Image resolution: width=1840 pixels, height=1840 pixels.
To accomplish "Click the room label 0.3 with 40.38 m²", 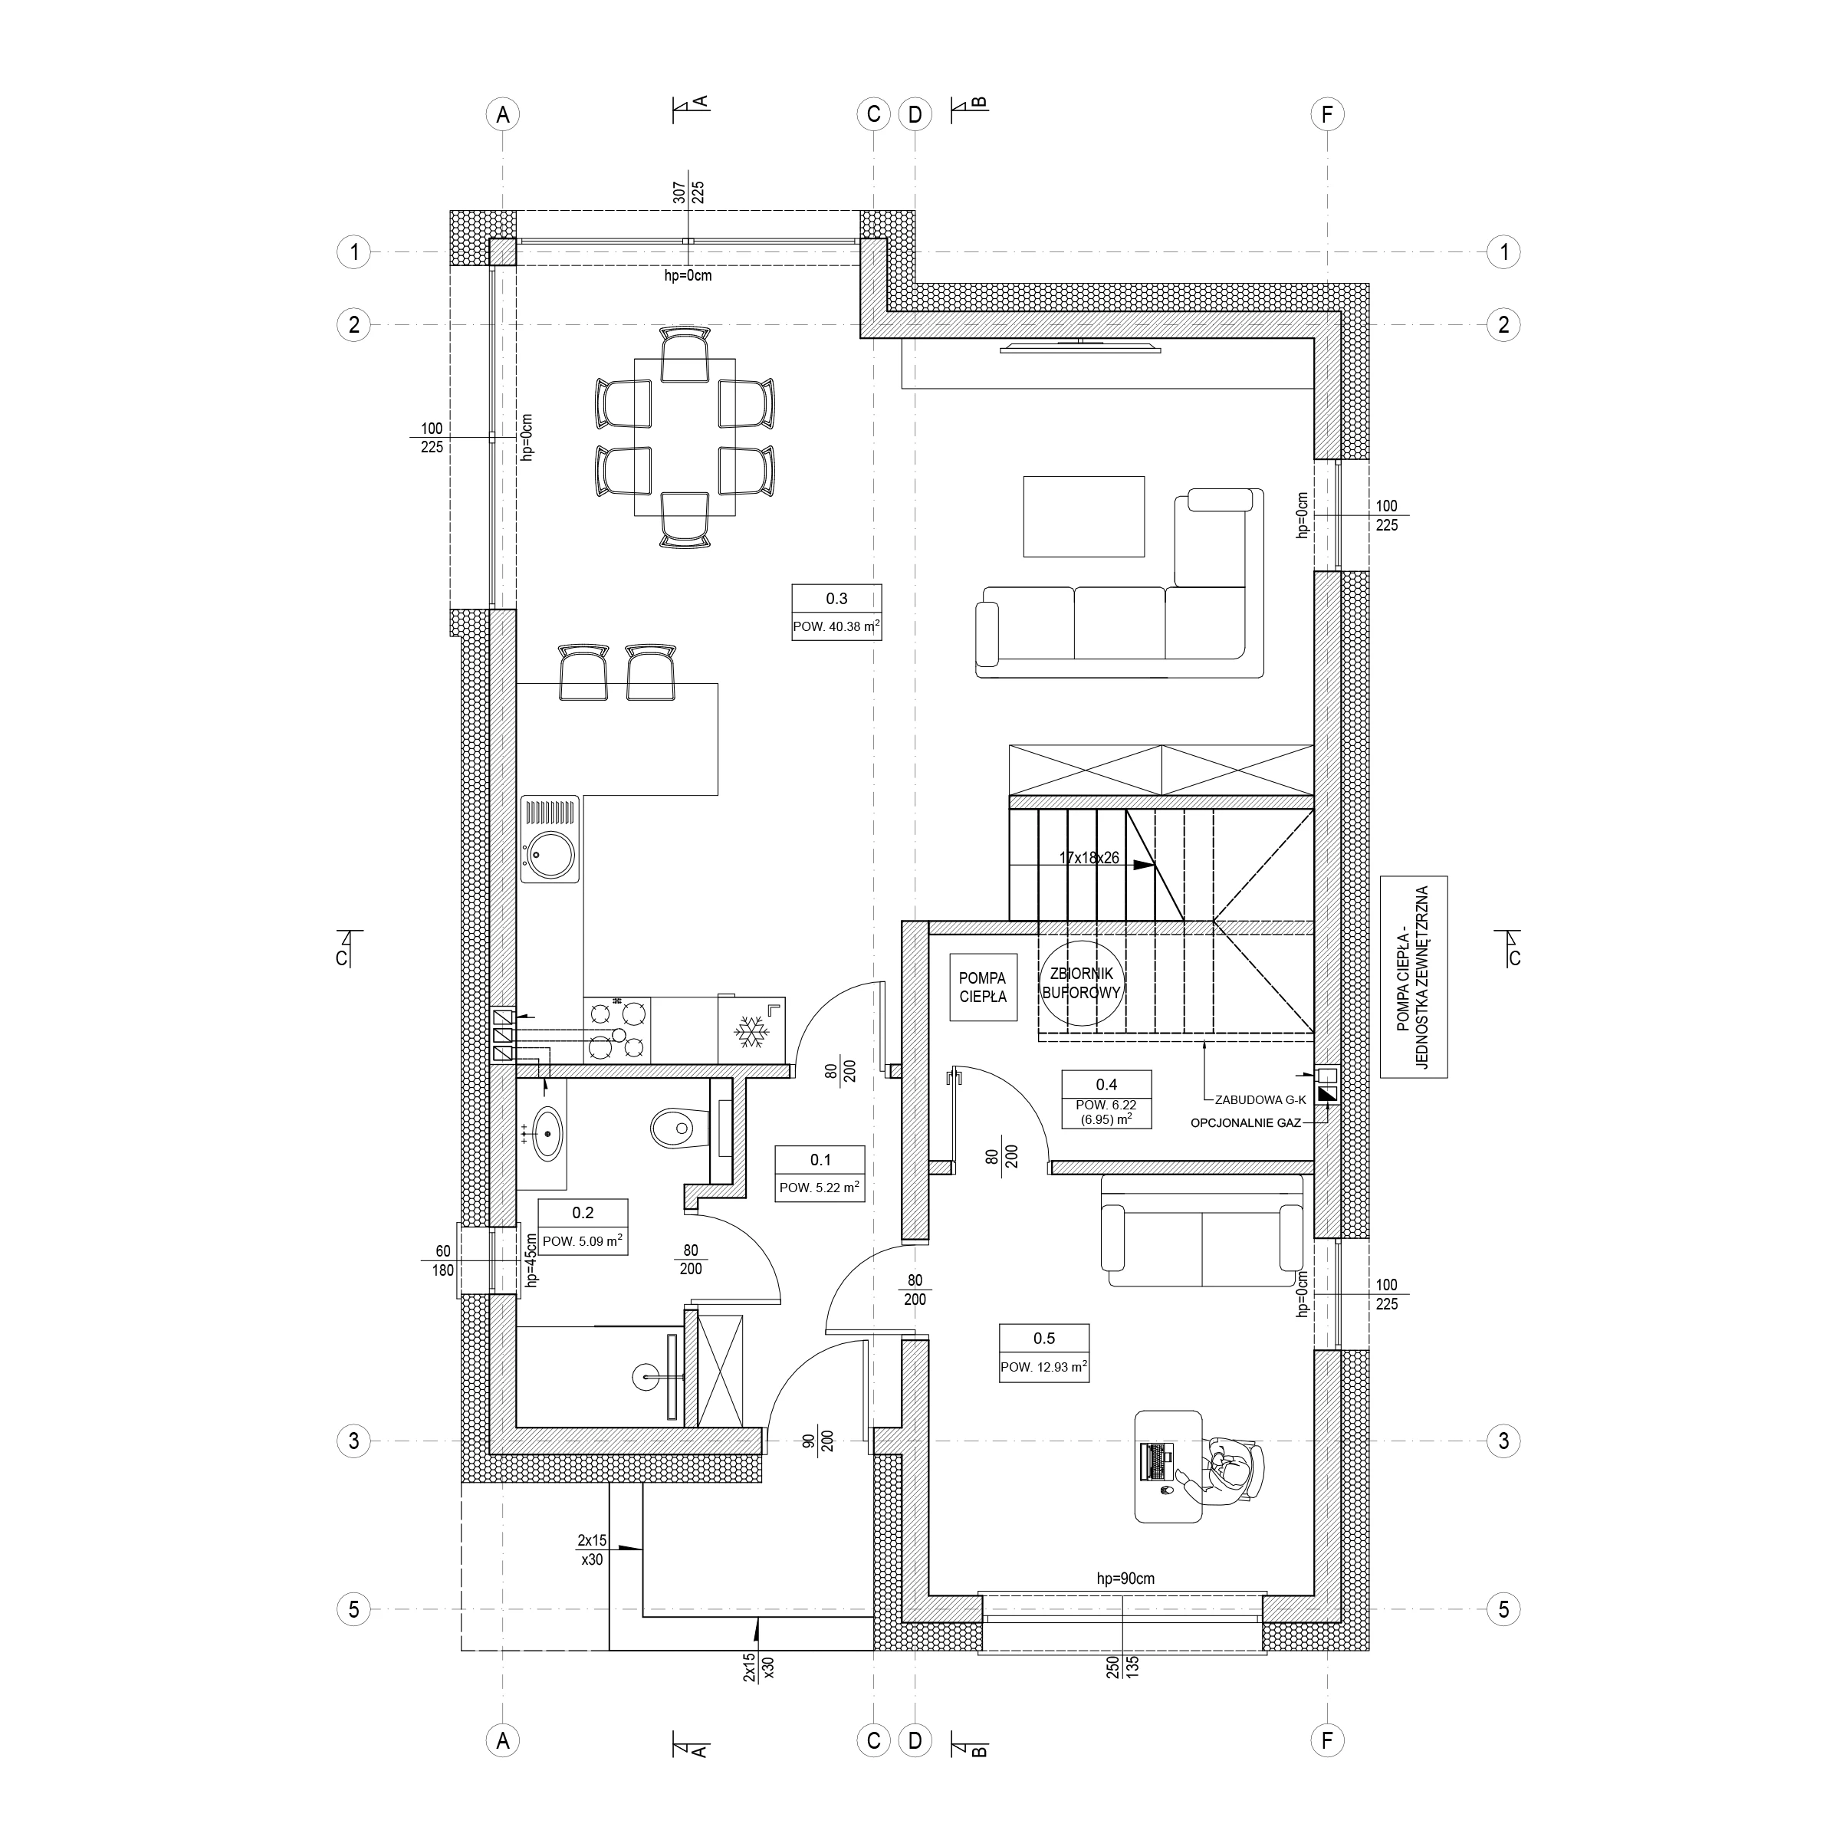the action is pyautogui.click(x=836, y=612).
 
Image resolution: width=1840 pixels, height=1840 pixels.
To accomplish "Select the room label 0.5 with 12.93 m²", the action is pyautogui.click(x=1043, y=1352).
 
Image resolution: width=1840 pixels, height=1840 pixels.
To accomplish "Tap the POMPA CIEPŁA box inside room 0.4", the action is pyautogui.click(x=982, y=987).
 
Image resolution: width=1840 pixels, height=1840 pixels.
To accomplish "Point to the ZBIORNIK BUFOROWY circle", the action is pyautogui.click(x=1082, y=983).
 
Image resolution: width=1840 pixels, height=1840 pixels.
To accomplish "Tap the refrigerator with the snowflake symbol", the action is pyautogui.click(x=751, y=1030).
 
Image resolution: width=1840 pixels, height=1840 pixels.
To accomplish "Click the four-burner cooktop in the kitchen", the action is pyautogui.click(x=617, y=1030).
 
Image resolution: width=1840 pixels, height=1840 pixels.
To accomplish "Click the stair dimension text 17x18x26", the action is pyautogui.click(x=1089, y=858).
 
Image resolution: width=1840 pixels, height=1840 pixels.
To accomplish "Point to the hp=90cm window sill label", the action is pyautogui.click(x=1125, y=1578).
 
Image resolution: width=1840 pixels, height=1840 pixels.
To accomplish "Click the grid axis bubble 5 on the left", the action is pyautogui.click(x=353, y=1609).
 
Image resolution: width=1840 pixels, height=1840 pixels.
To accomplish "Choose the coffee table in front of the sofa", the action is pyautogui.click(x=1084, y=516).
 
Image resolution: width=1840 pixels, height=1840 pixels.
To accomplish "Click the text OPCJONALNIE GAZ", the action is pyautogui.click(x=1246, y=1124).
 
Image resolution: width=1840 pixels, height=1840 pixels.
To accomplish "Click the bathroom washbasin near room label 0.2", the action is pyautogui.click(x=546, y=1133).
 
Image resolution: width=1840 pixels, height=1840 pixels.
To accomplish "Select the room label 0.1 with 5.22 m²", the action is pyautogui.click(x=820, y=1173).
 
